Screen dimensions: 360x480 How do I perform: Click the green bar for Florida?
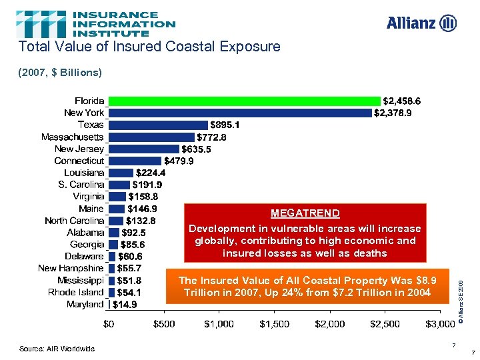click(244, 101)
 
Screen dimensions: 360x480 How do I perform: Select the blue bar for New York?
click(240, 113)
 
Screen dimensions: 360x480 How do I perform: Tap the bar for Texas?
click(158, 125)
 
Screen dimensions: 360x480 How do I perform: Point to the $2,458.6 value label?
click(402, 101)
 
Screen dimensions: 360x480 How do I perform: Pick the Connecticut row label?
click(79, 161)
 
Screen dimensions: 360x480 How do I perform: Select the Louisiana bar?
click(121, 173)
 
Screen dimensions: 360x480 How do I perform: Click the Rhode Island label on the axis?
click(76, 292)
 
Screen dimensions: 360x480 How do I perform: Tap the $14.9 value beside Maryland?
click(125, 305)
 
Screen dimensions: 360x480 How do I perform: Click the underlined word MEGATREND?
click(305, 213)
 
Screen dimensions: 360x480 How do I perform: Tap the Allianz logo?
click(421, 23)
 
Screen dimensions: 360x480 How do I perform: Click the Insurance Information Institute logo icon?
click(41, 23)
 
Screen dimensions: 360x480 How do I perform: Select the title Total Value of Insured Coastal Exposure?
click(149, 47)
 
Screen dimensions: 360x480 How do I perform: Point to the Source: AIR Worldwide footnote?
click(57, 349)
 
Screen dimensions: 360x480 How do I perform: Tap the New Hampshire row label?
click(71, 268)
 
